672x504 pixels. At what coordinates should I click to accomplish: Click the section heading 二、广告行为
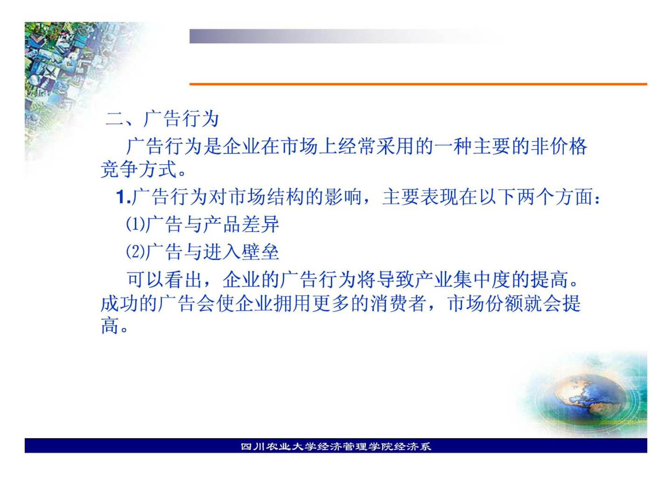coord(162,119)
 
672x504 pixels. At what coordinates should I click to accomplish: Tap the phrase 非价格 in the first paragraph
coord(558,146)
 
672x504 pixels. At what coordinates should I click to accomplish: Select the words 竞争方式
coord(139,169)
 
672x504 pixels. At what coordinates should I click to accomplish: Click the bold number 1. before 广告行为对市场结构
coord(123,197)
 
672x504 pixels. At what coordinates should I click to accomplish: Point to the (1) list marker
coord(135,224)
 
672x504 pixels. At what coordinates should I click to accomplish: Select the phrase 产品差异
coord(241,224)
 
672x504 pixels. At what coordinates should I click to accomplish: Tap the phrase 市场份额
coord(486,303)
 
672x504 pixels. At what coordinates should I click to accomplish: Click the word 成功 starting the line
coord(120,303)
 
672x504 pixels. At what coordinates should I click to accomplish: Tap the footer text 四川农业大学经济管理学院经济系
coord(336,446)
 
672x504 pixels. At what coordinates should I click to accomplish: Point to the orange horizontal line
coord(418,84)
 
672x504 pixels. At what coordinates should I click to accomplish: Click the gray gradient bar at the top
coord(346,36)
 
